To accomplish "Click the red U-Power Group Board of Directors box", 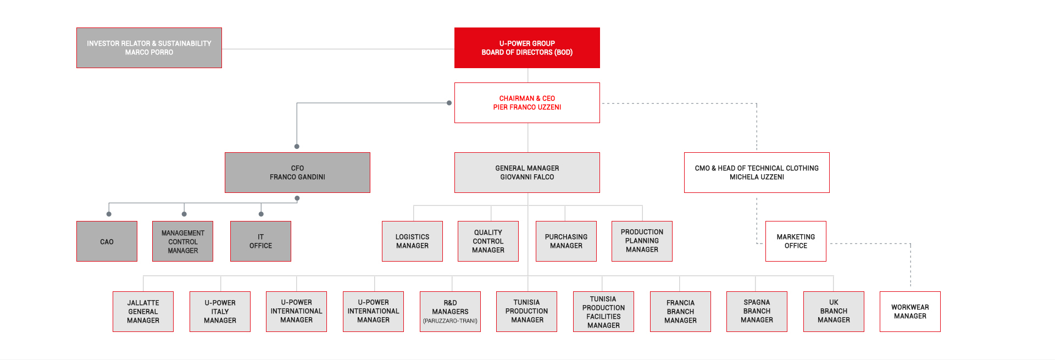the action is [x=527, y=48].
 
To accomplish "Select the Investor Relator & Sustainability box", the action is [x=149, y=48].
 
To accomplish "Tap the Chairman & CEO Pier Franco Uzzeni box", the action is [x=527, y=103].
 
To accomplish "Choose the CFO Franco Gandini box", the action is [x=297, y=173].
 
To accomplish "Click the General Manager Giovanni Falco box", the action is [x=527, y=173].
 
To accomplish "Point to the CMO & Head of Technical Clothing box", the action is [x=757, y=173].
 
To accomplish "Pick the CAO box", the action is [x=107, y=241].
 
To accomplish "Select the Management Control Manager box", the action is [x=182, y=241].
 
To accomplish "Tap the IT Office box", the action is [x=260, y=241].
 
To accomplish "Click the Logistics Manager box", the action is [x=412, y=241].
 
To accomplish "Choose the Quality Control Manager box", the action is [x=488, y=241].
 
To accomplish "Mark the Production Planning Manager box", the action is [x=642, y=241].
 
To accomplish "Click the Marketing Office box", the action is [x=796, y=241].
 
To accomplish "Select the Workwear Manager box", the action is [x=910, y=312].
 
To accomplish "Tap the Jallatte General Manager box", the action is [x=143, y=312].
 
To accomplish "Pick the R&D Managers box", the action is [x=450, y=312].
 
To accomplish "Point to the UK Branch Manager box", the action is [x=834, y=312].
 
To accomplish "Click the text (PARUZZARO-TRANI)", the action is [x=450, y=321].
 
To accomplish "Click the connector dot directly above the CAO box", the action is [x=109, y=214].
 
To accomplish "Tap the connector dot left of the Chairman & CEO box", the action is [x=449, y=103].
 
